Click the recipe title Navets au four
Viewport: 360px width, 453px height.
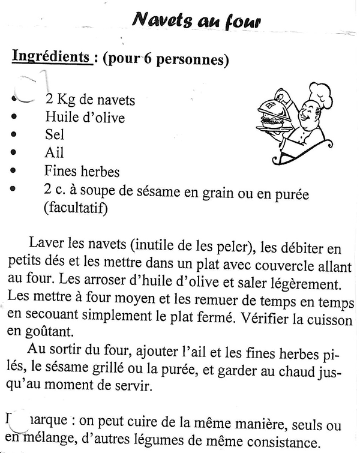196,22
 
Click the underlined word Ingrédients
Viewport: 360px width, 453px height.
50,57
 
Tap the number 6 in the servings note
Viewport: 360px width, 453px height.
147,59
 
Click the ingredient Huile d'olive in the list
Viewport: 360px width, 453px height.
85,118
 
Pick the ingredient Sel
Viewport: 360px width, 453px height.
54,135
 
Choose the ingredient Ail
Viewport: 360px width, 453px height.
54,152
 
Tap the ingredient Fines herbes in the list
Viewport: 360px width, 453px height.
82,172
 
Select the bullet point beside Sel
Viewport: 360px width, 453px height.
13,136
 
